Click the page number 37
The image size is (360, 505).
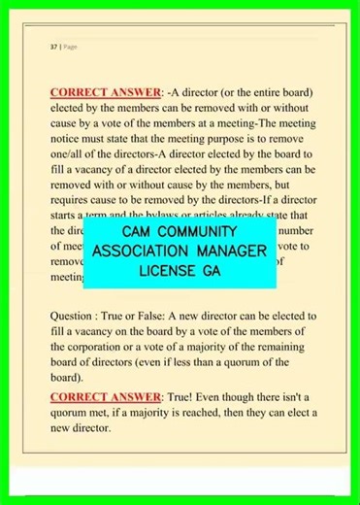click(52, 46)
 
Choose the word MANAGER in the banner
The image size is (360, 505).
click(232, 252)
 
